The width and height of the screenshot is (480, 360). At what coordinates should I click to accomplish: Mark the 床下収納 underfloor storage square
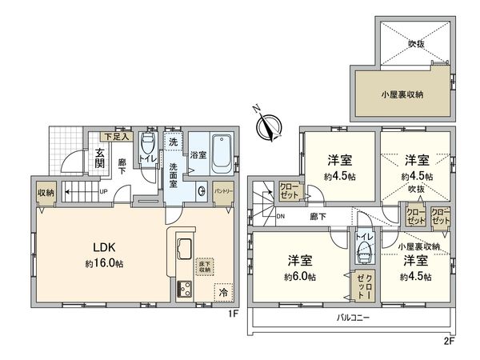click(205, 266)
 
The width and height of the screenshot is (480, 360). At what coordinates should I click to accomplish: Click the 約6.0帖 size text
click(297, 277)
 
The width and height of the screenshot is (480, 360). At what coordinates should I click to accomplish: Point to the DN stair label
click(279, 217)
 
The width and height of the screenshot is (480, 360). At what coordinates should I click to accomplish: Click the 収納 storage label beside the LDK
click(45, 193)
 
